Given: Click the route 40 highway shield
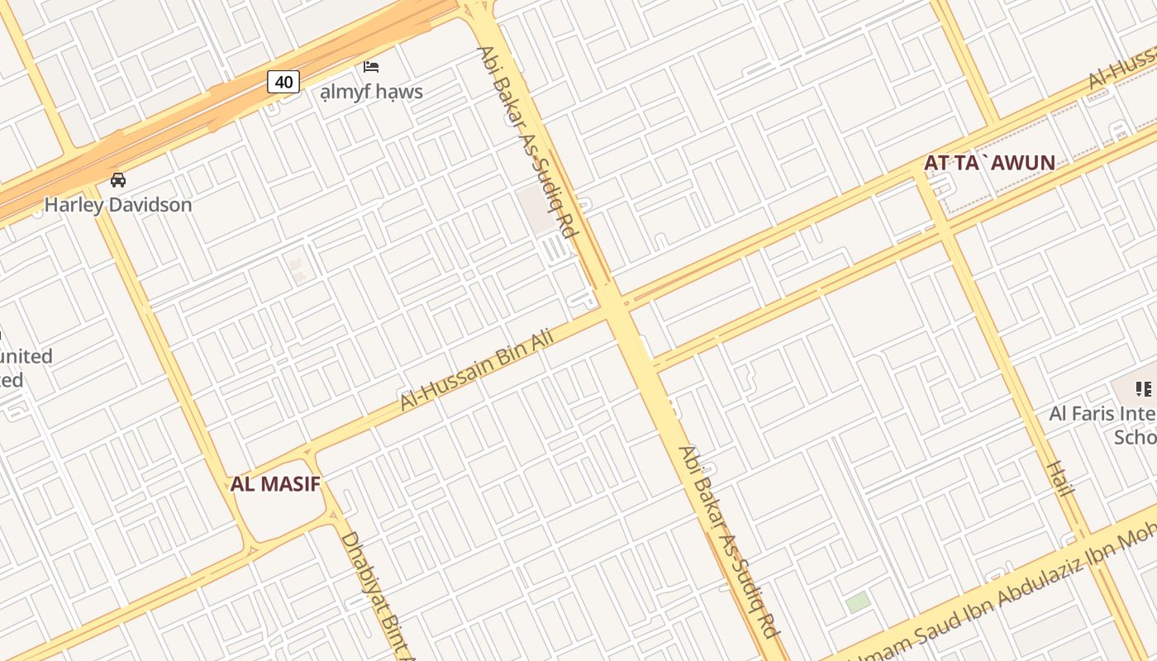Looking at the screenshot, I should pyautogui.click(x=283, y=82).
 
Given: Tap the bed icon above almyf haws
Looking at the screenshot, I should pyautogui.click(x=371, y=66).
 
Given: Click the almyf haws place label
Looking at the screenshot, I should pyautogui.click(x=372, y=91).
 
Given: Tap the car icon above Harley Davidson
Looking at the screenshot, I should pyautogui.click(x=118, y=179).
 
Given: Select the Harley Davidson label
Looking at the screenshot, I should pyautogui.click(x=118, y=204).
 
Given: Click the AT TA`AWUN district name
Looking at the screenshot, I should pyautogui.click(x=989, y=163).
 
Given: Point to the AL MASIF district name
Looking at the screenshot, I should pyautogui.click(x=274, y=484).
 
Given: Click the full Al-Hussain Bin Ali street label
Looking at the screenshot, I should pyautogui.click(x=476, y=364).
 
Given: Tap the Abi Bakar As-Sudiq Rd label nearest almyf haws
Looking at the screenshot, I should pyautogui.click(x=526, y=142).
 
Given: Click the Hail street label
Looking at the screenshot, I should pyautogui.click(x=1059, y=479).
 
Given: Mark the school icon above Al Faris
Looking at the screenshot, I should pyautogui.click(x=1143, y=388).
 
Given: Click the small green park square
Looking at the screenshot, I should pyautogui.click(x=858, y=602).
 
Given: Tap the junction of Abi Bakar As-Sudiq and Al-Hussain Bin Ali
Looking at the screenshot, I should pyautogui.click(x=612, y=305).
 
